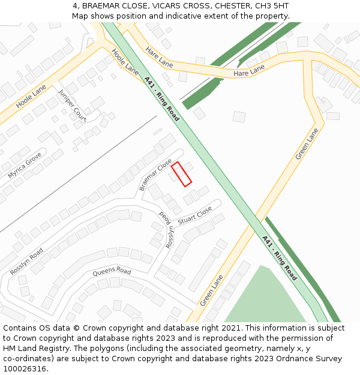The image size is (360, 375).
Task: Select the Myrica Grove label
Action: click(25, 165)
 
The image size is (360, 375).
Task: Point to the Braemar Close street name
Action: click(155, 175)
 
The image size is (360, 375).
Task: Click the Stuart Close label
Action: click(195, 216)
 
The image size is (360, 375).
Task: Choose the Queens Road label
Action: click(112, 272)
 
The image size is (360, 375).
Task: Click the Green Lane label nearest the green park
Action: click(212, 290)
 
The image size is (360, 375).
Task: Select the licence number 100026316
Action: click(25, 369)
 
